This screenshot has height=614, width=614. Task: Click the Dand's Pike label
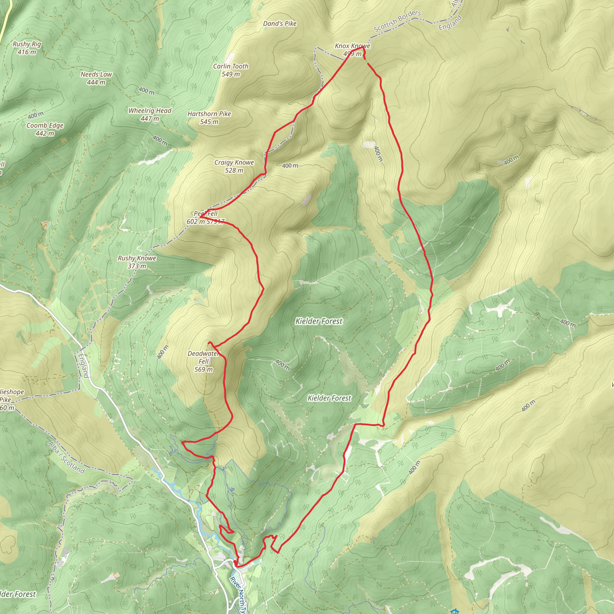point(280,23)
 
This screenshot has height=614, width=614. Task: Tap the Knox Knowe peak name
point(353,46)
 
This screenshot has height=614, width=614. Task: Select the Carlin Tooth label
point(231,66)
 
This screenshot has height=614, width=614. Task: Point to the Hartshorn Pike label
point(209,114)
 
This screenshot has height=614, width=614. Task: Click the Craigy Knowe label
point(234,162)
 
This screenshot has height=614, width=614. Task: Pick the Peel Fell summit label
point(206,213)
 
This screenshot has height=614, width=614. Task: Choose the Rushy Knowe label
point(137,258)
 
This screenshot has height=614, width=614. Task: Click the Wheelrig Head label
point(150,111)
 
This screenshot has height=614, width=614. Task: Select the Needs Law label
point(96,74)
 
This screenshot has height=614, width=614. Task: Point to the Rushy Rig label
point(27,44)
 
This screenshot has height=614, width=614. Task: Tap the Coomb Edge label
point(45,125)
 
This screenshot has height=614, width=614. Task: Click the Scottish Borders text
point(397,21)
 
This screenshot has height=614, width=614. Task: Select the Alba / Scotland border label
point(67,458)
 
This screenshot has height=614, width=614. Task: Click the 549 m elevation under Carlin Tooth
point(231,74)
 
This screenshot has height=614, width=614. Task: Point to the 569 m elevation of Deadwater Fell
point(203,369)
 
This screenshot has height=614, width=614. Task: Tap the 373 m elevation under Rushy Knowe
point(137,266)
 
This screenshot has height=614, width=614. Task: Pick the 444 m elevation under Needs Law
point(96,82)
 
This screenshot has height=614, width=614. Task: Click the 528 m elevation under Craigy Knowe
point(234,170)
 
